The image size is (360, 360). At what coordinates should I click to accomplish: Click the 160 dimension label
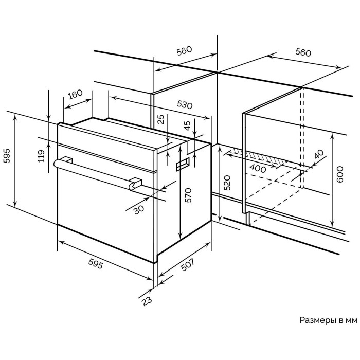coord(75,95)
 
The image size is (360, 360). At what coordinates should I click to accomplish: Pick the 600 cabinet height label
coord(339,177)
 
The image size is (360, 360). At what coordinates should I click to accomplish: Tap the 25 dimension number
coord(160,120)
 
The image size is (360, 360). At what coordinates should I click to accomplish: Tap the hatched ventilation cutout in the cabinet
coord(257,157)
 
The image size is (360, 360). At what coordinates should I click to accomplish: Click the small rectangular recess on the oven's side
coord(183,164)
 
